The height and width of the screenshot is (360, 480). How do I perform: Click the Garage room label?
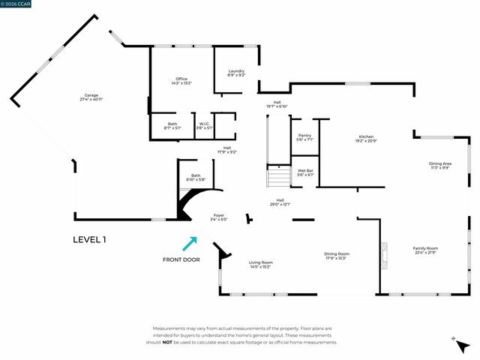coord(91,97)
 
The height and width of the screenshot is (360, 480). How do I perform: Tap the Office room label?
coord(181,81)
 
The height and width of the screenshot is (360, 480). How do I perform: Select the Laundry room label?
coord(236,73)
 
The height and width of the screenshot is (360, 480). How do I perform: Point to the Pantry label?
coord(304,137)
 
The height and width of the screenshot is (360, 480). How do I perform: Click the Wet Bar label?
coord(304,172)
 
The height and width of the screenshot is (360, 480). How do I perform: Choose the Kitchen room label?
coord(366,139)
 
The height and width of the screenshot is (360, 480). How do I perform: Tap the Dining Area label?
coord(439,165)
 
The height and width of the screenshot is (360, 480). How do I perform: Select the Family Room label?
coord(425,250)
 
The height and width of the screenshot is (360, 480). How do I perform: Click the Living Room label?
coord(259,264)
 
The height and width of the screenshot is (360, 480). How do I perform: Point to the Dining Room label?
coord(336,256)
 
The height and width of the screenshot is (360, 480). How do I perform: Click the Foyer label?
coord(219,217)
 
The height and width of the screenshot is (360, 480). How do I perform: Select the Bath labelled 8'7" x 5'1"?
coord(172,126)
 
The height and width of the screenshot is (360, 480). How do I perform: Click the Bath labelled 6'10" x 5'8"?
coord(195,178)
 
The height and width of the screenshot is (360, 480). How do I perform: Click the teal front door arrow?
coord(189,244)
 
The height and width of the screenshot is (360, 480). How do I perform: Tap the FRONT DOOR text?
coord(181,259)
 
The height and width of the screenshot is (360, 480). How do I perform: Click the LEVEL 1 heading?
coord(89,240)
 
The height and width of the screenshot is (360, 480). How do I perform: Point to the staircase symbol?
coord(279,178)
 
